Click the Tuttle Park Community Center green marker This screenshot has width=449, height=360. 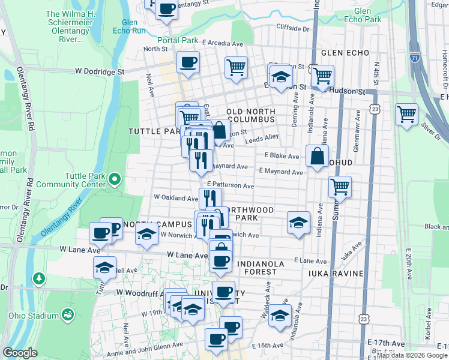115,179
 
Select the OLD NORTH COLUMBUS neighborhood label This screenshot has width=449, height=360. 251,116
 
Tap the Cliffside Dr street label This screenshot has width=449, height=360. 292,28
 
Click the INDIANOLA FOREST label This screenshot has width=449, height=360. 256,268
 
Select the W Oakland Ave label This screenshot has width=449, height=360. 176,197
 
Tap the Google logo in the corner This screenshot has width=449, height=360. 20,353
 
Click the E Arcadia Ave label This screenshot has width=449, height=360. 222,43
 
